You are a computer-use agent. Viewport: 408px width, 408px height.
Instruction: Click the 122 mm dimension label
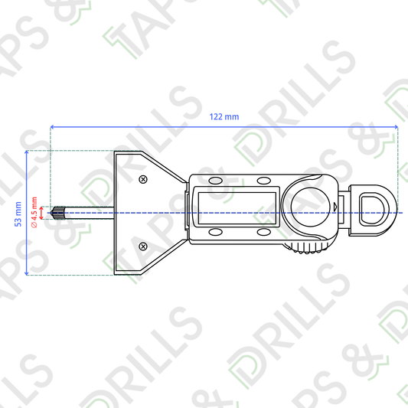click(224, 117)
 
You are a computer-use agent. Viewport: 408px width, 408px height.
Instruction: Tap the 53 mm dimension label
click(18, 214)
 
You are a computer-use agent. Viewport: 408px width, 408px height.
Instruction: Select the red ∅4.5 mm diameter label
click(34, 213)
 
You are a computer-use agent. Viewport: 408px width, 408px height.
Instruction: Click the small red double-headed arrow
click(41, 213)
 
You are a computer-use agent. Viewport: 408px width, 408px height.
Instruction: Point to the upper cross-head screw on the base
click(143, 179)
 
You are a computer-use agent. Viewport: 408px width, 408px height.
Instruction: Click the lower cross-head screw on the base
click(143, 246)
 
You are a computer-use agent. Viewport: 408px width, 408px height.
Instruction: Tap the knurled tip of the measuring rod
click(58, 213)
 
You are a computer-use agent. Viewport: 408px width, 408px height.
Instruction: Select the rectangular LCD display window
click(237, 208)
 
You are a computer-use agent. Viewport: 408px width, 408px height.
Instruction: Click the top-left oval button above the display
click(216, 181)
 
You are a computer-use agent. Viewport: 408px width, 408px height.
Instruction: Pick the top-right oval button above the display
click(264, 181)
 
